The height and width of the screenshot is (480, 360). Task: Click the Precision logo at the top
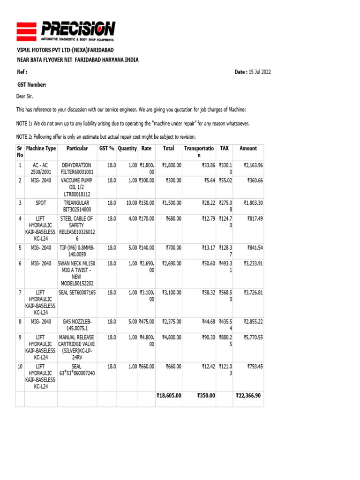tap(66, 31)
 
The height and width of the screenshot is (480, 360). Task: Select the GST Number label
tap(31, 84)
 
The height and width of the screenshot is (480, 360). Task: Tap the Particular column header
tap(77, 149)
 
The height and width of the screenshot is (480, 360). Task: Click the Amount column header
tap(248, 149)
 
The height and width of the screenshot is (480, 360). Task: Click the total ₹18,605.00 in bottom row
tap(169, 396)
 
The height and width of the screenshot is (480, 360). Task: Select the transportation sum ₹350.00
tap(206, 396)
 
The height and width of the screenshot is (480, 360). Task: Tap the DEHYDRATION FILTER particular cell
tap(77, 169)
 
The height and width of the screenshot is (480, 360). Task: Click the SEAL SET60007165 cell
tap(77, 293)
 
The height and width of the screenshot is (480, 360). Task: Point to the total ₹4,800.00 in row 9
tap(172, 337)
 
